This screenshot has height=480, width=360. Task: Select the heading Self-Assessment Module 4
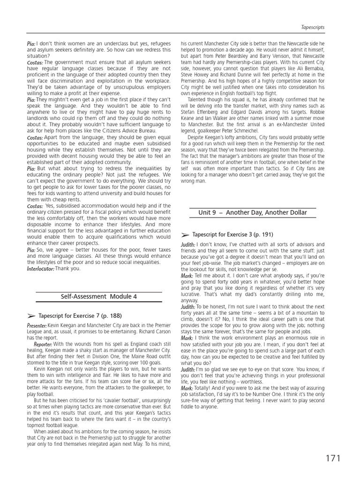98,297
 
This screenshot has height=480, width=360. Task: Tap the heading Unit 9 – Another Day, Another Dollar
253,212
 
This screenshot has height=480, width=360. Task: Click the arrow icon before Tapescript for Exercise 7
30,316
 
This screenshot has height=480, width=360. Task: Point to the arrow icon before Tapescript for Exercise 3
185,234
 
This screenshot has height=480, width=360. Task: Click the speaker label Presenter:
37,325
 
